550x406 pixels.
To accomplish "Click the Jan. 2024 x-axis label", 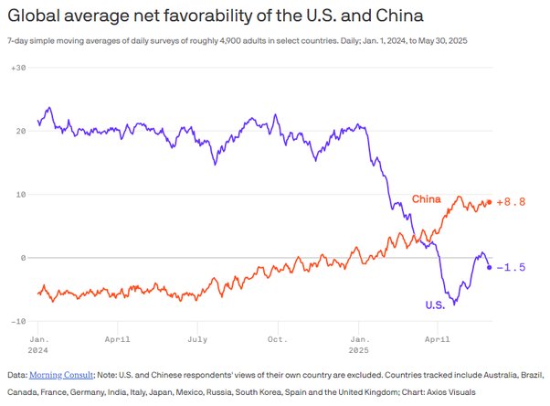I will point(38,343).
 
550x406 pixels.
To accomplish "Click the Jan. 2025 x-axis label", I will point(359,343).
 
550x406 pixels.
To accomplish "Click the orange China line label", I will point(427,199).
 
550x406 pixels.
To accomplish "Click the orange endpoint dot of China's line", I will point(490,202).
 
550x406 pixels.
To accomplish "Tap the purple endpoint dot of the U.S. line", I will point(490,267).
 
